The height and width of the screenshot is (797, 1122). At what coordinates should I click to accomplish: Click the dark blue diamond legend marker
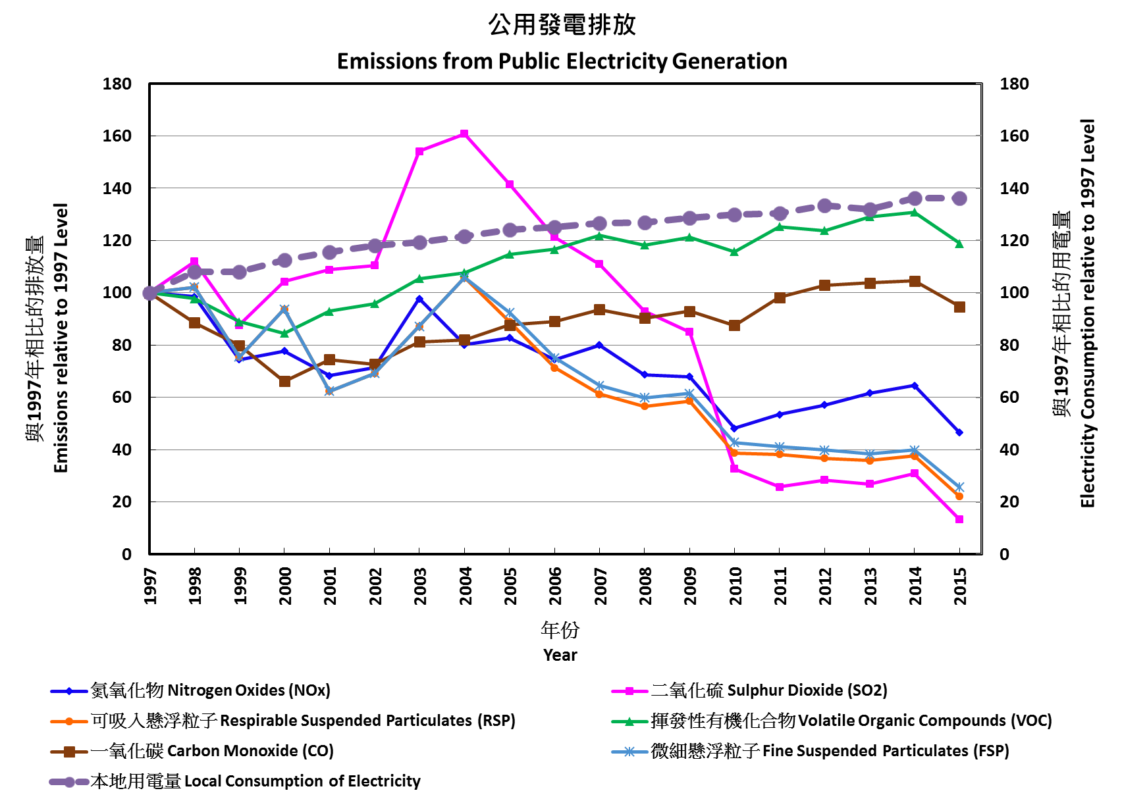click(x=68, y=691)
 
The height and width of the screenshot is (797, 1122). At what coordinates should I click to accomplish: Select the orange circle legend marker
click(x=68, y=721)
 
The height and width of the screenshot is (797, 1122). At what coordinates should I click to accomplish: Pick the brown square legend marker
click(x=68, y=752)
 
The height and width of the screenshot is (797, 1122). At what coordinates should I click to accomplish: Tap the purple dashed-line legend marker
click(x=68, y=782)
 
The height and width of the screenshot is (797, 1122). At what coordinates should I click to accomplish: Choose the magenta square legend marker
click(x=629, y=691)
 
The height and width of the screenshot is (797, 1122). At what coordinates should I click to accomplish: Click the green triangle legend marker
click(x=629, y=721)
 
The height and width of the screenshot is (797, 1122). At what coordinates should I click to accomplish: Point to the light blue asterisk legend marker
click(x=629, y=752)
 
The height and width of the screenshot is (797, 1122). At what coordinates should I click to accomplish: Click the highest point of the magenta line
click(x=464, y=134)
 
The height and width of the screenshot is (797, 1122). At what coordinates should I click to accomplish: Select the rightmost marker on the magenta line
click(x=959, y=519)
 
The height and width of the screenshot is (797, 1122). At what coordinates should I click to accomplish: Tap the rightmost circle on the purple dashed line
click(x=959, y=198)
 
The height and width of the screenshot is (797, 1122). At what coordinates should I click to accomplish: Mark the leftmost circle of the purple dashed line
click(x=149, y=293)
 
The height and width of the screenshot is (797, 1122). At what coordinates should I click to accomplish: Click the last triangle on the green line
click(x=959, y=244)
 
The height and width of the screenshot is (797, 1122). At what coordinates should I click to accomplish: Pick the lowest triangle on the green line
click(x=284, y=333)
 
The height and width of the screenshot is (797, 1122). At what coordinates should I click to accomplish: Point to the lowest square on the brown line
click(x=284, y=382)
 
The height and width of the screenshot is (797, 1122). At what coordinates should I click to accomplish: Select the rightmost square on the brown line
click(x=959, y=307)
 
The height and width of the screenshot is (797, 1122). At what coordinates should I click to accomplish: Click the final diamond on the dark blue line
click(x=959, y=432)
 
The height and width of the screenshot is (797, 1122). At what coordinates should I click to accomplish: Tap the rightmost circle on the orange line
click(x=959, y=496)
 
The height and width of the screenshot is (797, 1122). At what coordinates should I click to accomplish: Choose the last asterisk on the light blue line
click(x=959, y=487)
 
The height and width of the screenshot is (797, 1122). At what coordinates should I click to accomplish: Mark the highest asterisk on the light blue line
click(x=464, y=277)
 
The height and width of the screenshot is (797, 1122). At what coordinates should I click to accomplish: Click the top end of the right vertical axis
click(x=982, y=84)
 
